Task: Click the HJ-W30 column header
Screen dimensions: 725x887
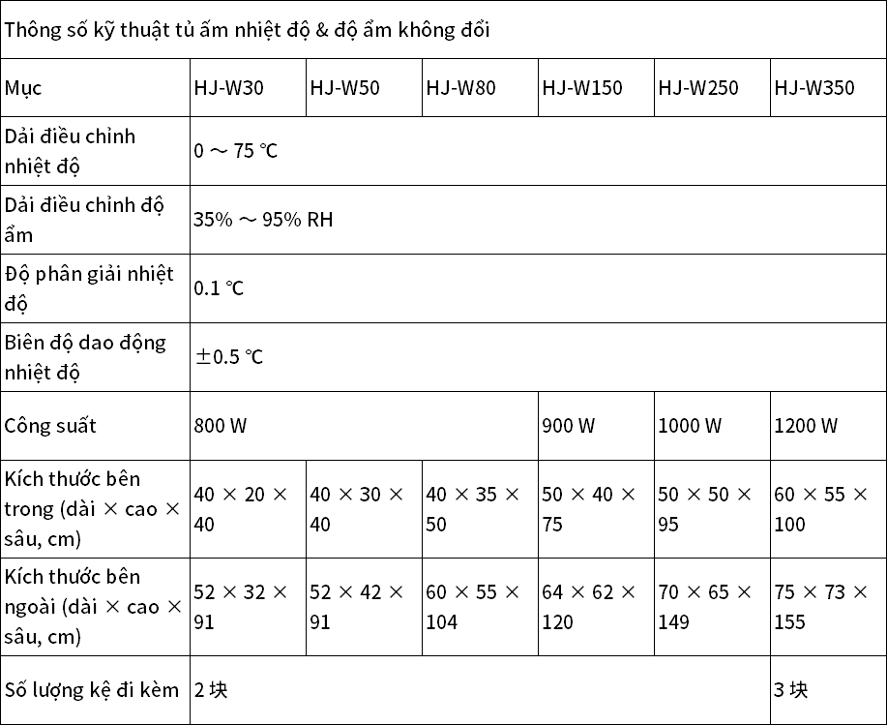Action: coord(229,88)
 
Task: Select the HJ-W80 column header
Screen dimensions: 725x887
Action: coord(461,88)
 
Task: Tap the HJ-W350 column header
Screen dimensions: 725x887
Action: coord(814,88)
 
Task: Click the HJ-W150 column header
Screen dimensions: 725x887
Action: coord(582,88)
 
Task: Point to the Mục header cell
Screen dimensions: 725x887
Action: coord(23,88)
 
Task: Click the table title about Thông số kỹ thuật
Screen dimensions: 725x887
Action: coord(247,29)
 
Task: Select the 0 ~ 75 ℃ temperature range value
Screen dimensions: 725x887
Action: coord(236,151)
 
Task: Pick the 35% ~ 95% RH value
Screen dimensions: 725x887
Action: coord(263,220)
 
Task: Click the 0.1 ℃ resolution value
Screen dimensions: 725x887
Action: coord(220,288)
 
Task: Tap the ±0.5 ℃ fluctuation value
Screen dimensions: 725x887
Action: coord(229,357)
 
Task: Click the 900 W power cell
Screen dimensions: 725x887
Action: coord(570,426)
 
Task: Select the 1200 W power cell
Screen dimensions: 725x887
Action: coord(806,426)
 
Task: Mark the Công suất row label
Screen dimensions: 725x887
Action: coord(50,426)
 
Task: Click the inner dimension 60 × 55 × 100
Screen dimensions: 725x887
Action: coord(821,509)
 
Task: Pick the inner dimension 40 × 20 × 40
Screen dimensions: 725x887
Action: coord(241,509)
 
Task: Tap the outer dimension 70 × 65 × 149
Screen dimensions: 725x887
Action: coord(705,606)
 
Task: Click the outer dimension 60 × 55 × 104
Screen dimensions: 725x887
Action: coord(473,606)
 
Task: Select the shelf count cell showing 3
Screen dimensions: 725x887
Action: coord(790,690)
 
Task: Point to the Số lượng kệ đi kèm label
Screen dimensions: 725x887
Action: coord(92,690)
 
